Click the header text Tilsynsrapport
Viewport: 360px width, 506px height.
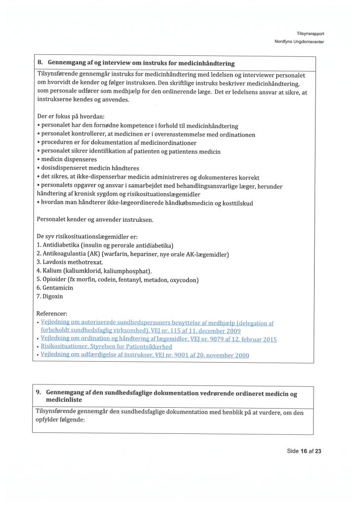[310, 34]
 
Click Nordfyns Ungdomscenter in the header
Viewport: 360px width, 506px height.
[299, 42]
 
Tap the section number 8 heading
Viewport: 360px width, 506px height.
[40, 63]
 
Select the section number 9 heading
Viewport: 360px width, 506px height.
[39, 393]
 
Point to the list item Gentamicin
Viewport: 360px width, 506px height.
[54, 288]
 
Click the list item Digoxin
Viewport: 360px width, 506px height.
[49, 296]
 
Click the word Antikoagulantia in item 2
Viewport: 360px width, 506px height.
[65, 253]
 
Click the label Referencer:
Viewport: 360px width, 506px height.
[52, 313]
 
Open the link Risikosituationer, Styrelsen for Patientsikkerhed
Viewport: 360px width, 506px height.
[106, 347]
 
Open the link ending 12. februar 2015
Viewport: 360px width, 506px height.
[159, 339]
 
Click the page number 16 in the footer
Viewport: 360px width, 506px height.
[304, 451]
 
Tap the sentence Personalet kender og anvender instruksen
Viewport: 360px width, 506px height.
[95, 219]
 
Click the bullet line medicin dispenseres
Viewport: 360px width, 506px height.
[69, 160]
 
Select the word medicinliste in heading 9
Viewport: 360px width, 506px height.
[64, 400]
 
